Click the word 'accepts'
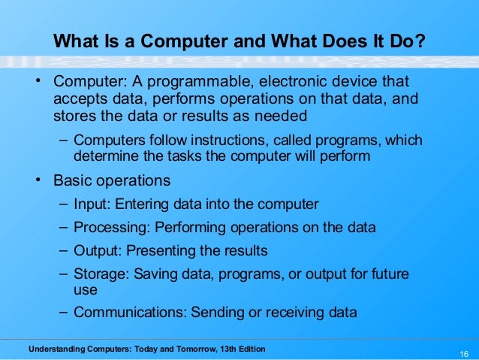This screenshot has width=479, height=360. (x=78, y=99)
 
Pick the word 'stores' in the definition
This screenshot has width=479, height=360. (x=74, y=117)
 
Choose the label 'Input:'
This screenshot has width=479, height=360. (x=92, y=204)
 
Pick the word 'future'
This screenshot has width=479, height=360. (x=387, y=274)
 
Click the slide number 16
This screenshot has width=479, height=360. (x=463, y=354)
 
